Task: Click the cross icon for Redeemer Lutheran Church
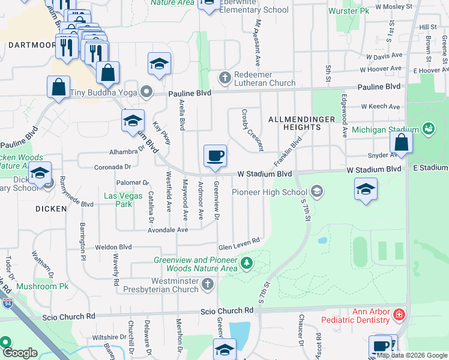pyautogui.click(x=224, y=77)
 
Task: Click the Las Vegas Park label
pyautogui.click(x=124, y=200)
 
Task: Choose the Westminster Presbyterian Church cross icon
pyautogui.click(x=208, y=284)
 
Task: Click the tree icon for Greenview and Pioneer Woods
pyautogui.click(x=246, y=263)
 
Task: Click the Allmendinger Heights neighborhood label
pyautogui.click(x=301, y=123)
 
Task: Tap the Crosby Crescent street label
pyautogui.click(x=252, y=130)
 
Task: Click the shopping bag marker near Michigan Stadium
pyautogui.click(x=401, y=143)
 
